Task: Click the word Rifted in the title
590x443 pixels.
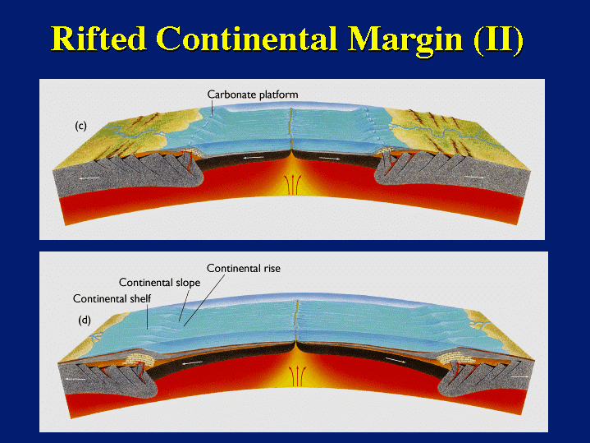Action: click(x=98, y=39)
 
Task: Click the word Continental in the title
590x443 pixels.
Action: click(x=246, y=39)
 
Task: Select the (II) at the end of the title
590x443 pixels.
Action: click(x=499, y=39)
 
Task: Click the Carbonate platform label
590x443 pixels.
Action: click(x=253, y=95)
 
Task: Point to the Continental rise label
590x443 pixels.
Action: click(x=244, y=268)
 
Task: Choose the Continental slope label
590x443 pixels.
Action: click(x=159, y=283)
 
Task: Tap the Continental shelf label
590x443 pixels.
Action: click(x=112, y=298)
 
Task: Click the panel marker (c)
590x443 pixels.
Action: click(x=80, y=126)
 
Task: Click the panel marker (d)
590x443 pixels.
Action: click(x=85, y=321)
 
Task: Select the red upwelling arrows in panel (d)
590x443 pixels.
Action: click(x=295, y=376)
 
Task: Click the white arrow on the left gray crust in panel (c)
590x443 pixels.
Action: click(x=89, y=178)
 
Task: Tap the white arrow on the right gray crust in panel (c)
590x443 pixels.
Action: click(x=474, y=177)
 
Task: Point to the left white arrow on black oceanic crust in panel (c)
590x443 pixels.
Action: click(x=253, y=157)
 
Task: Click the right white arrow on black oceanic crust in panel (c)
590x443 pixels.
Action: click(x=330, y=159)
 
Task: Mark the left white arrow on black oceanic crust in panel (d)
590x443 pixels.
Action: click(x=191, y=362)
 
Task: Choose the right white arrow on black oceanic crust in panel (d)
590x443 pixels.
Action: click(x=396, y=360)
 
